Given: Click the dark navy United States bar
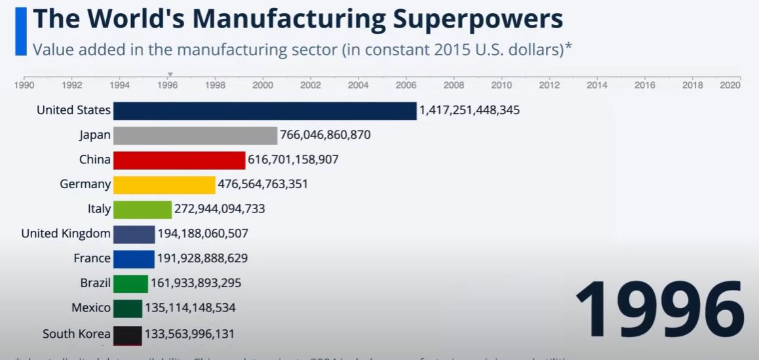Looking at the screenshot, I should (264, 111).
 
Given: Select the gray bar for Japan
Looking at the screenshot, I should (195, 136).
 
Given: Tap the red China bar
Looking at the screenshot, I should (179, 160).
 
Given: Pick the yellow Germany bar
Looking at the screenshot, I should (164, 185).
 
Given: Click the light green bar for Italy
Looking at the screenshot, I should (142, 209).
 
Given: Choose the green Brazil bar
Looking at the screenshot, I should (130, 284).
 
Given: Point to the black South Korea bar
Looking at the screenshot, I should (127, 334).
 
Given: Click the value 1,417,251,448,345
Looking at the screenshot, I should (469, 110).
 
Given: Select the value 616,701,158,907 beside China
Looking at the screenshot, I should (293, 159).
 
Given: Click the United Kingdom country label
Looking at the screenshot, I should (66, 233).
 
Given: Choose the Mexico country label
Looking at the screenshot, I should (91, 308).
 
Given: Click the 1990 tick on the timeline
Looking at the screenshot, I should (24, 85).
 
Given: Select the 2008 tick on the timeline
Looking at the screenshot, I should (454, 85).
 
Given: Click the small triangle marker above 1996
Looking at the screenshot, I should (170, 75).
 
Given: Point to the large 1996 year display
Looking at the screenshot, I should (659, 309).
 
